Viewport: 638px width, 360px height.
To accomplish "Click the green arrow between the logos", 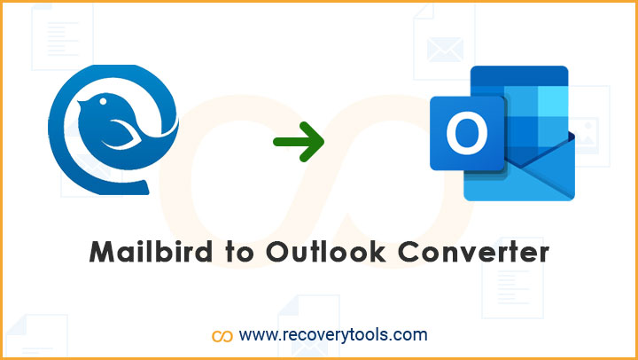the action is click(x=300, y=141).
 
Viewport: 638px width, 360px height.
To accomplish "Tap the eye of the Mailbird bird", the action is click(x=104, y=100).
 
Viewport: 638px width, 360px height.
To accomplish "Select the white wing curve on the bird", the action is click(x=122, y=135).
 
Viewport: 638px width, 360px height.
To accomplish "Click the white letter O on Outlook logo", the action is click(x=467, y=133).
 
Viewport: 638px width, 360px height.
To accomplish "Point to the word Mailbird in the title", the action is click(x=151, y=253).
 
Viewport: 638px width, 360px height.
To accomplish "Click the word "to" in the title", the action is click(x=239, y=254).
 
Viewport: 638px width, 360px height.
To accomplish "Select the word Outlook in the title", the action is click(x=326, y=253).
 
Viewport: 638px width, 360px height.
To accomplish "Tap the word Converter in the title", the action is click(x=473, y=254).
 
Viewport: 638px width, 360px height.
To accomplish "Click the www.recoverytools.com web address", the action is click(x=333, y=335).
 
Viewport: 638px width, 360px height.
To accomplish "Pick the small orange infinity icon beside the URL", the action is click(x=222, y=336).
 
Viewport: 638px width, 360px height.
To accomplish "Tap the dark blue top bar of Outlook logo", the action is click(x=519, y=75).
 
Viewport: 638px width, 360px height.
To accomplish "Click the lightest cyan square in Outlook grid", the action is click(x=553, y=101).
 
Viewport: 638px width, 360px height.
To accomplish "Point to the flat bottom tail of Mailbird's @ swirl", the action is click(x=135, y=187).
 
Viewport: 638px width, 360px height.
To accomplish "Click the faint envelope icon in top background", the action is click(x=445, y=50).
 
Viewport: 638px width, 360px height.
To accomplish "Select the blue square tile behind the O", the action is click(x=468, y=133).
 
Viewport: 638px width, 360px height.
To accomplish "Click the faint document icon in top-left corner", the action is click(x=62, y=36).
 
